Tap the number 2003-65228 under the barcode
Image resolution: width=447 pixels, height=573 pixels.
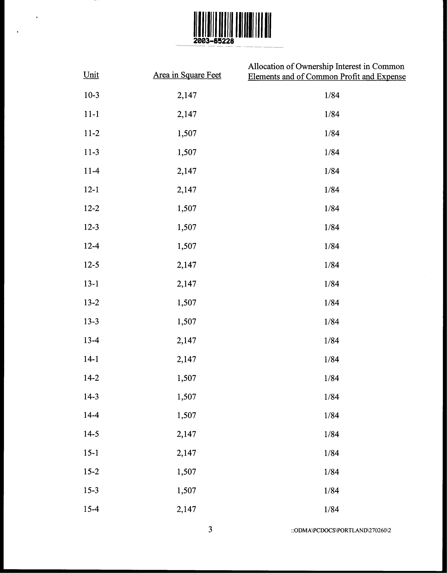point(213,41)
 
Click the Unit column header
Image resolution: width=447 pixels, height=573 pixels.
point(91,75)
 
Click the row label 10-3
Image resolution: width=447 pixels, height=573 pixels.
point(91,95)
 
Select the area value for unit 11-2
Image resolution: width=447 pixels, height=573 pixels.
point(187,133)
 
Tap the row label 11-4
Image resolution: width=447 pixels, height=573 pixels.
point(91,171)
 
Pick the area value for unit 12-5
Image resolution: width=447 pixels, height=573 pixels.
point(187,265)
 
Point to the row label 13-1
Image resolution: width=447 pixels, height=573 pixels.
point(91,284)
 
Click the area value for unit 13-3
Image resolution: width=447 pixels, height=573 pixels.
point(187,322)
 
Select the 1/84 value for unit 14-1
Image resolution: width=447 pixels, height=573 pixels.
point(332,359)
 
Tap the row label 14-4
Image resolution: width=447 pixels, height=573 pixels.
point(91,415)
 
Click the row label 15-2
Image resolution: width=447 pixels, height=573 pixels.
point(91,472)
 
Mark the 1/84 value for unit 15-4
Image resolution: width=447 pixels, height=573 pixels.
point(332,510)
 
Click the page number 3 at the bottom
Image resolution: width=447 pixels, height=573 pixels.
point(210,530)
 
